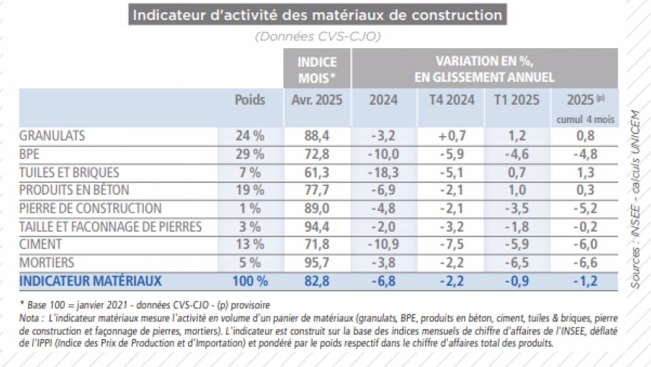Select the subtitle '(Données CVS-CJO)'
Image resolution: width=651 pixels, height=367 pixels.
(318, 36)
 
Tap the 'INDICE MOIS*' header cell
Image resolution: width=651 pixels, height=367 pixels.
(316, 70)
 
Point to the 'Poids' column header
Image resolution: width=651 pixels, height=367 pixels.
(250, 100)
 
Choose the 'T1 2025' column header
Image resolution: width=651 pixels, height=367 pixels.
(518, 100)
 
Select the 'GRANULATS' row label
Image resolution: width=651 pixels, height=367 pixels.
(53, 137)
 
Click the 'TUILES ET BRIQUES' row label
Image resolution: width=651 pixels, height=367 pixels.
(70, 173)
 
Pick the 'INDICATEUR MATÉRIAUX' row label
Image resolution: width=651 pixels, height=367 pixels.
(90, 281)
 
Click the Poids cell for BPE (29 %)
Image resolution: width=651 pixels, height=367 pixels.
(250, 155)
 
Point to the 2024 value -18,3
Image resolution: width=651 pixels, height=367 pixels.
(383, 173)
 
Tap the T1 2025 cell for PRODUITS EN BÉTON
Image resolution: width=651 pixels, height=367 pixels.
(518, 191)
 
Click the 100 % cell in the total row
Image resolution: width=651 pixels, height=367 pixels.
(250, 281)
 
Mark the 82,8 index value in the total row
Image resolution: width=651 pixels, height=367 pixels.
(316, 281)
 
